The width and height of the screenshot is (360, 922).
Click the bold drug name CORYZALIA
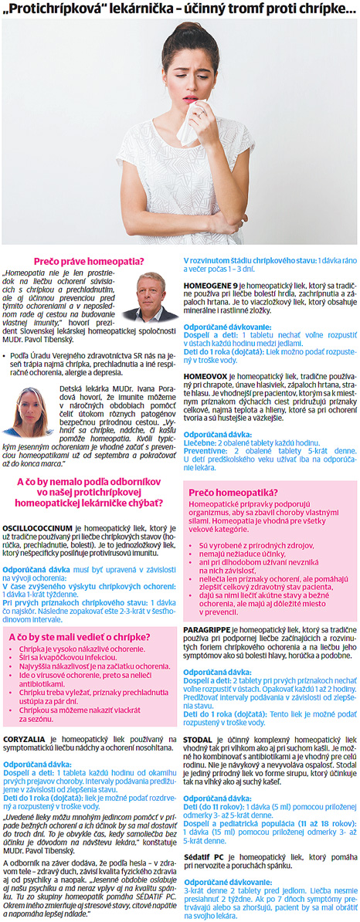[x=28, y=739]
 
